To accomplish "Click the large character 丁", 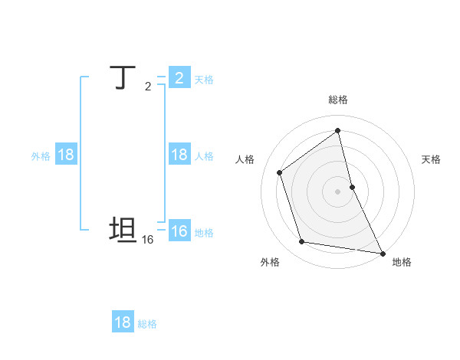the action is point(123,77).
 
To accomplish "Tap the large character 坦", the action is point(123,231).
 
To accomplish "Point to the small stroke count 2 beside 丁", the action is point(148,87).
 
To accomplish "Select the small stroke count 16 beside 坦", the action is point(148,240).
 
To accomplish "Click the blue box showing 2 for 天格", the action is point(179,78).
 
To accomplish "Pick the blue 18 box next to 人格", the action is point(179,155).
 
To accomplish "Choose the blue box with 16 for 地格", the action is point(179,231).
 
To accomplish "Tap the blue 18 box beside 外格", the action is point(66,155).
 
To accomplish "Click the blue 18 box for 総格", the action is point(123,322).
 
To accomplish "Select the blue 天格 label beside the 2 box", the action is point(204,80).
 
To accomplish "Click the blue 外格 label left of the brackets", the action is point(41,156).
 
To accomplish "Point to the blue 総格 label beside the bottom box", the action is point(147,324).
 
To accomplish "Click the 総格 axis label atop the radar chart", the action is point(338,100).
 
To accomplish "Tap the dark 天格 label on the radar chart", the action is point(431,159).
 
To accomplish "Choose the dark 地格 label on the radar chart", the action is point(402,262).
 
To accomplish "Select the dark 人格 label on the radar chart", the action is point(245,159).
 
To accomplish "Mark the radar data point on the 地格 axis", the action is point(383,252).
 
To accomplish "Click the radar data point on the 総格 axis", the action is point(338,131).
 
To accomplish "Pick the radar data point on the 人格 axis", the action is point(280,172).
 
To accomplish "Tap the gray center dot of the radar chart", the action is point(338,191).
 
